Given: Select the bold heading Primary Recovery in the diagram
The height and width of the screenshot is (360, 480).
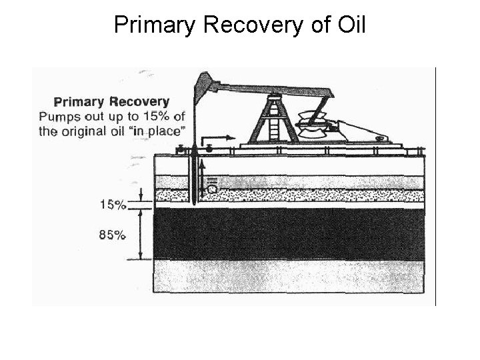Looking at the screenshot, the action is click(111, 102).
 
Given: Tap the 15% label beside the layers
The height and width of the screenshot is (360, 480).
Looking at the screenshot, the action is click(113, 205).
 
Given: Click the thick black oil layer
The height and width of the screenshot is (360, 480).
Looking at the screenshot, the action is click(287, 233).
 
